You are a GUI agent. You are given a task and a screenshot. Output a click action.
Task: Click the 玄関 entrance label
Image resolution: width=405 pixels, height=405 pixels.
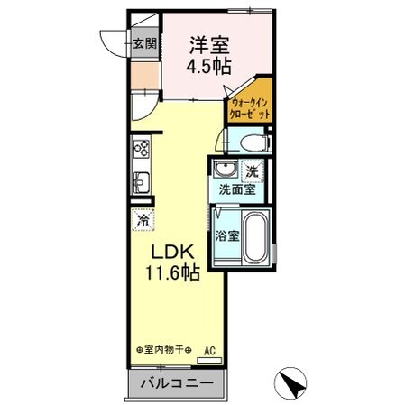(145, 42)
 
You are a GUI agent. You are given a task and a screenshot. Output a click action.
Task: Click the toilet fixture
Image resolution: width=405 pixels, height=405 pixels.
(249, 142)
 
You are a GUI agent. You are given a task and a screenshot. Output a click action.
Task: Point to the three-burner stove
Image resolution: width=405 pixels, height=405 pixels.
(142, 149)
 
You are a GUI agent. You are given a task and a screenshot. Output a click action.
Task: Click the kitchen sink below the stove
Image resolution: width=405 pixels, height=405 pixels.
(142, 178)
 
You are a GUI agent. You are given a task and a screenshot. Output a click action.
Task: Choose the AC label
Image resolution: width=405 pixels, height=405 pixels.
(210, 349)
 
